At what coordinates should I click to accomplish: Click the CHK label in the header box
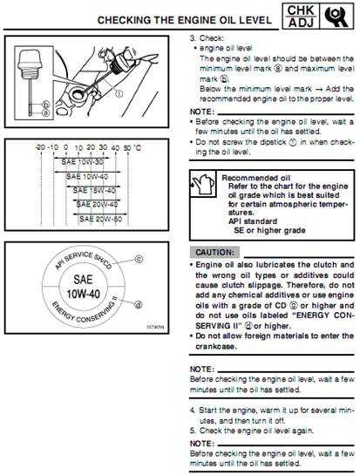tap(301, 10)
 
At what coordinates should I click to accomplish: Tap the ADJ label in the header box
tap(301, 23)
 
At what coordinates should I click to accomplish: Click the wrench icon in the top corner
tap(336, 17)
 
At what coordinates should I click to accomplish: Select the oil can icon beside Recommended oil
tap(203, 184)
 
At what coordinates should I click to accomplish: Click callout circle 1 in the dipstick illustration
tap(119, 93)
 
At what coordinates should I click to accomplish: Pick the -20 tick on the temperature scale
tap(40, 147)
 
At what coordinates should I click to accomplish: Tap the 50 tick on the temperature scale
tap(127, 148)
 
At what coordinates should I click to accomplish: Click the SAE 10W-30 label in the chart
tap(82, 162)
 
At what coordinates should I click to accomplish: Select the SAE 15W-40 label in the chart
tap(94, 191)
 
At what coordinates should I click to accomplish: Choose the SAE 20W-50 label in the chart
tap(100, 219)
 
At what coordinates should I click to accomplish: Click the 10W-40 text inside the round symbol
tap(83, 294)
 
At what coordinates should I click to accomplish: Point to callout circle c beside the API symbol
tap(139, 260)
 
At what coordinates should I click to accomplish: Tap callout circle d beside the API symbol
tap(139, 305)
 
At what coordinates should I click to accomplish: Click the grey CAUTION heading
tap(214, 253)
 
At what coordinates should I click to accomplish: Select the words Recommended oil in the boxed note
tap(255, 178)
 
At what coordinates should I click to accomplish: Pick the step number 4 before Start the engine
tap(192, 411)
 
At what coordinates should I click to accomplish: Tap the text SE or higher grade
tap(269, 231)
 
